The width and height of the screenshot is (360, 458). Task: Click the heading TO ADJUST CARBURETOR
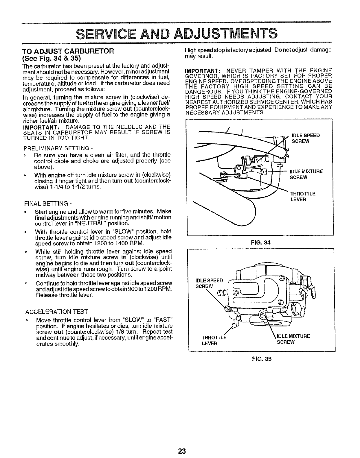pos(68,51)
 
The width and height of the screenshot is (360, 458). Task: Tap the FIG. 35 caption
pos(262,359)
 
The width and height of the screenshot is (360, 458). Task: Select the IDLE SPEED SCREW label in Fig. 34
pos(306,138)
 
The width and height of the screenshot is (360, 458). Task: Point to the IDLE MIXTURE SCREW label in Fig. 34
pos(306,174)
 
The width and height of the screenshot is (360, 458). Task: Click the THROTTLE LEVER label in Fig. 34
pos(303,197)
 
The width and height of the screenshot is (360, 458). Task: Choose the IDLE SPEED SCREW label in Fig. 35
pos(210,283)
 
